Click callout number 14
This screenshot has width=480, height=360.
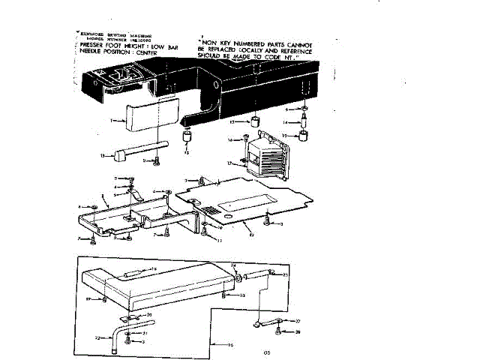click(x=286, y=122)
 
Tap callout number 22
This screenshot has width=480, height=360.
click(x=97, y=338)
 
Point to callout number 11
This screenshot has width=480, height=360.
click(x=219, y=240)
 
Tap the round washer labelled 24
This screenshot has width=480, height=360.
click(x=238, y=277)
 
